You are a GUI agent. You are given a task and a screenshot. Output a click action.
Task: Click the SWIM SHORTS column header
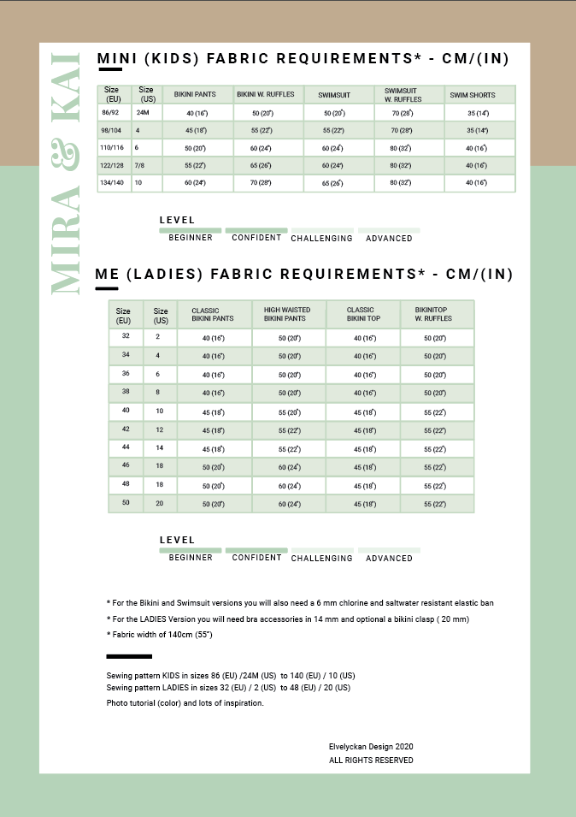tap(473, 95)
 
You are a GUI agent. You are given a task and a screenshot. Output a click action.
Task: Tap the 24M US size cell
tap(143, 112)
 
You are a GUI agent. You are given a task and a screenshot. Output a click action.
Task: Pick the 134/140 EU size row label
tap(113, 182)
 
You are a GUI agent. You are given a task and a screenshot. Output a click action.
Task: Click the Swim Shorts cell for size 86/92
tap(478, 113)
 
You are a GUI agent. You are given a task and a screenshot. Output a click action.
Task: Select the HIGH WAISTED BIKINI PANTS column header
tap(287, 314)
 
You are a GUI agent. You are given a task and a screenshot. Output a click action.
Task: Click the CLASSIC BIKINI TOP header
tap(360, 314)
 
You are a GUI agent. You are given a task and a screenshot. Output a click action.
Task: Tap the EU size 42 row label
tap(126, 429)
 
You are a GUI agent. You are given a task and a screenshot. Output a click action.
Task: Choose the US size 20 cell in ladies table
tap(158, 503)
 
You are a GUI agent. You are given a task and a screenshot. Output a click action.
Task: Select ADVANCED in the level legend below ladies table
tap(389, 558)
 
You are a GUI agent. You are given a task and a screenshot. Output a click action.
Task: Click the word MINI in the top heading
tap(117, 58)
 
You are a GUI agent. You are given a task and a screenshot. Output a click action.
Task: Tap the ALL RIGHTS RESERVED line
tap(371, 760)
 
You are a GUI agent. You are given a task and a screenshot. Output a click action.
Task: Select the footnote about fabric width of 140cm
tap(160, 634)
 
